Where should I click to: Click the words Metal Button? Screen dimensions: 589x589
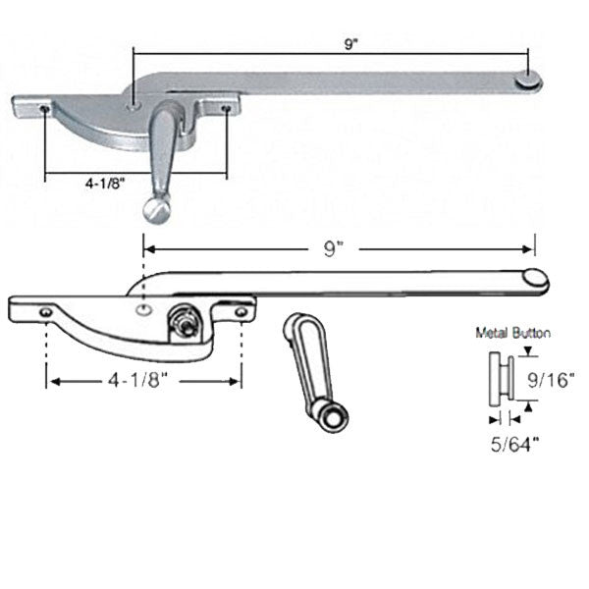click(512, 333)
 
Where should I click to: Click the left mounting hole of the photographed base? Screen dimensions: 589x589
click(46, 109)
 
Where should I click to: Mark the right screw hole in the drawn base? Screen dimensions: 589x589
click(241, 311)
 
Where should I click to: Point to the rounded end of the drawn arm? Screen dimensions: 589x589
click(535, 280)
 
